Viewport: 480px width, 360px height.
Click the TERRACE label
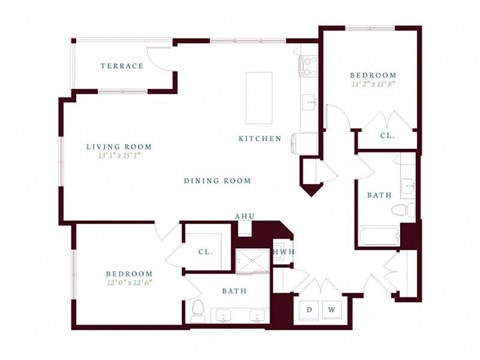[121, 66]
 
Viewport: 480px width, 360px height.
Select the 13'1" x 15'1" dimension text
[118, 156]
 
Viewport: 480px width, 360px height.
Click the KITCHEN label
[260, 139]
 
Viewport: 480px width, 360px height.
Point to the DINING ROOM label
[217, 181]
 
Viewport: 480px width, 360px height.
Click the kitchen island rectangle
[259, 93]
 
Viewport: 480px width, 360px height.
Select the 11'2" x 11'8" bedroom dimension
[374, 85]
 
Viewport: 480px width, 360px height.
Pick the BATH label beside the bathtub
[379, 196]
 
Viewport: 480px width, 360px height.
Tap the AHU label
[244, 216]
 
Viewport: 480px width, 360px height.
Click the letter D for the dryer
[309, 309]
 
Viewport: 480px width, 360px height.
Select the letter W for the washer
[331, 309]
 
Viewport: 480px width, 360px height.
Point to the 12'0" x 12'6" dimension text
[129, 283]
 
